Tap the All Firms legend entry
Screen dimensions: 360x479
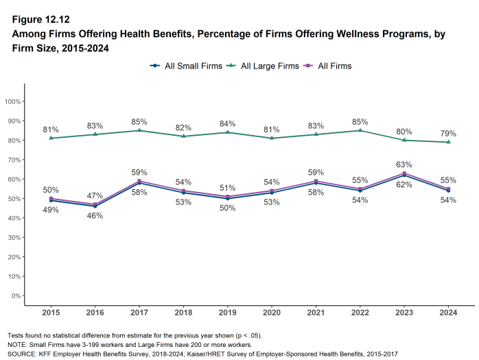332,66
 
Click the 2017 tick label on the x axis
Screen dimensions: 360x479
139,313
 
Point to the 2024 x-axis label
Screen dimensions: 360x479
448,313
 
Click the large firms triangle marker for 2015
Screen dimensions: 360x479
51,138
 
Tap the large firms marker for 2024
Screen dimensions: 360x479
448,142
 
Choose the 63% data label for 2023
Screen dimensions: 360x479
404,164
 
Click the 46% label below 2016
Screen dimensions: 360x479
95,216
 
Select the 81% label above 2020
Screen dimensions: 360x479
272,128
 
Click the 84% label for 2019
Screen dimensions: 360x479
227,123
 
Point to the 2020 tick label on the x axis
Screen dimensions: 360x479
272,313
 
